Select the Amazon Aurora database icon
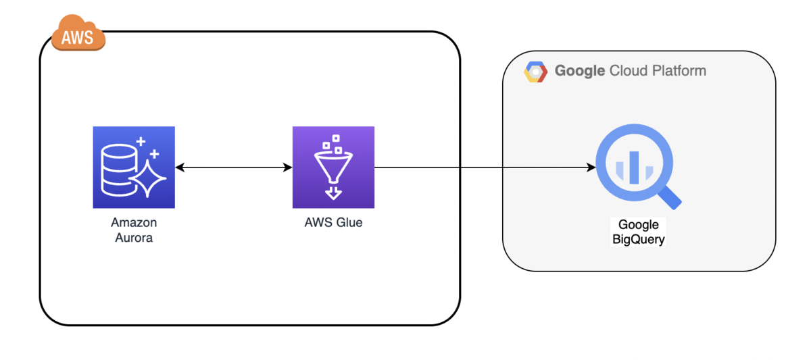click(134, 168)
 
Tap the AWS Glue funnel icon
click(333, 168)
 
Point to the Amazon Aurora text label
click(134, 230)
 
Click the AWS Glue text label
click(333, 222)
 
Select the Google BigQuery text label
click(638, 232)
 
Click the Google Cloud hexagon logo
click(535, 71)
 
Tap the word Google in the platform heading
click(580, 70)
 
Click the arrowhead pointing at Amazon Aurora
click(180, 168)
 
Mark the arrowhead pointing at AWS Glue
click(288, 168)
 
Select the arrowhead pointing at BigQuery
click(591, 168)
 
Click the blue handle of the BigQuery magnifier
click(670, 197)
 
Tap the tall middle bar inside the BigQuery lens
click(634, 167)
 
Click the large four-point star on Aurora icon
click(151, 178)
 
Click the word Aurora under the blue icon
click(134, 238)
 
